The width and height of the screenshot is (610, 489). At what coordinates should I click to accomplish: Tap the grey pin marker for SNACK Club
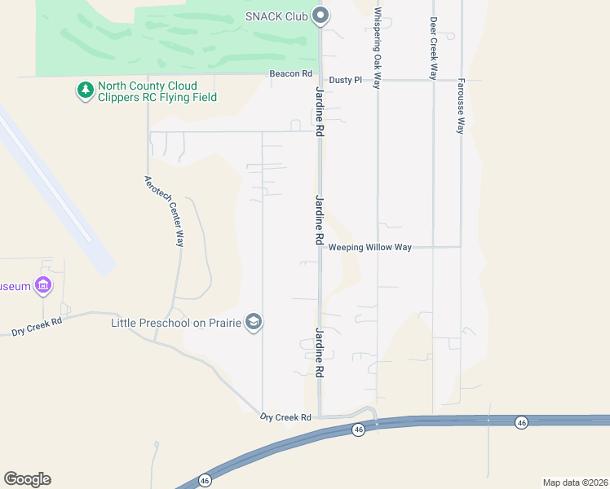(321, 15)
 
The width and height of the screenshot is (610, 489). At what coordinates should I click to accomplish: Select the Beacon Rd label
(291, 73)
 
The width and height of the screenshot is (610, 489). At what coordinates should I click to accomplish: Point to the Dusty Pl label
(345, 80)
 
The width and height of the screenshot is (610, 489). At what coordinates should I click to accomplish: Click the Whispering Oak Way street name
(378, 48)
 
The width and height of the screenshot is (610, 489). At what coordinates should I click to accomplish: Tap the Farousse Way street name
(461, 106)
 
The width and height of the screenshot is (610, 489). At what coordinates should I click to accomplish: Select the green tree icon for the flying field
(85, 90)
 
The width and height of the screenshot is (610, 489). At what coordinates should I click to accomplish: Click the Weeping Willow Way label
(370, 247)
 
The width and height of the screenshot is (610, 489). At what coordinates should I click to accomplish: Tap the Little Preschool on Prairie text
(176, 324)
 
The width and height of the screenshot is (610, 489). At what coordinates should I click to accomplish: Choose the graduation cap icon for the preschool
(254, 323)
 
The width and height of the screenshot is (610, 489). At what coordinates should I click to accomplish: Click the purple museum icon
(44, 285)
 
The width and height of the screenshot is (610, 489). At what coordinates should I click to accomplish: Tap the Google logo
(27, 479)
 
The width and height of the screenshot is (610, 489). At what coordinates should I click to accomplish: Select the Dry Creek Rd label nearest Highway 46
(285, 417)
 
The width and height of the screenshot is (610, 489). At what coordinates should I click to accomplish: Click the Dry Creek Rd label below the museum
(37, 327)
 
